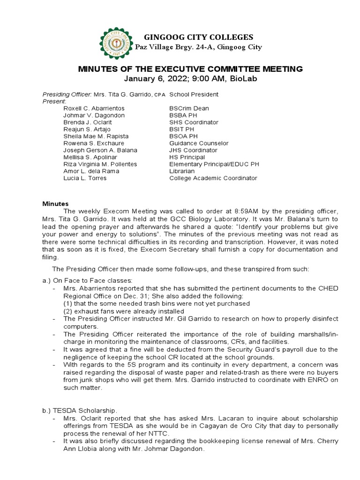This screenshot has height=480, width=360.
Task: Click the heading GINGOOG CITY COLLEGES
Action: (x=198, y=37)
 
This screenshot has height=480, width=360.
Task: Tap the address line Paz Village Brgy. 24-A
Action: (x=198, y=47)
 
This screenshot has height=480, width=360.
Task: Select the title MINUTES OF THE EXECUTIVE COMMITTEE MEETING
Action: (x=190, y=69)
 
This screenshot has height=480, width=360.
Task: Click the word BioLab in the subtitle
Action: (x=243, y=79)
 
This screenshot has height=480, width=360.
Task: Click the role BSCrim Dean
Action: (x=188, y=108)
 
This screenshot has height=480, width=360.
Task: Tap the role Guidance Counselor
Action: (x=199, y=143)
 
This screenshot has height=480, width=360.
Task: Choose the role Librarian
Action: (x=181, y=171)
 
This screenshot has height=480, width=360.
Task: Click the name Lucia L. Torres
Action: (x=85, y=178)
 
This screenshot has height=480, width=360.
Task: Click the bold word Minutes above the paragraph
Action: (x=56, y=204)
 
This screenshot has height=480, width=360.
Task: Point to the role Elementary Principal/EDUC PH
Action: (x=214, y=164)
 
